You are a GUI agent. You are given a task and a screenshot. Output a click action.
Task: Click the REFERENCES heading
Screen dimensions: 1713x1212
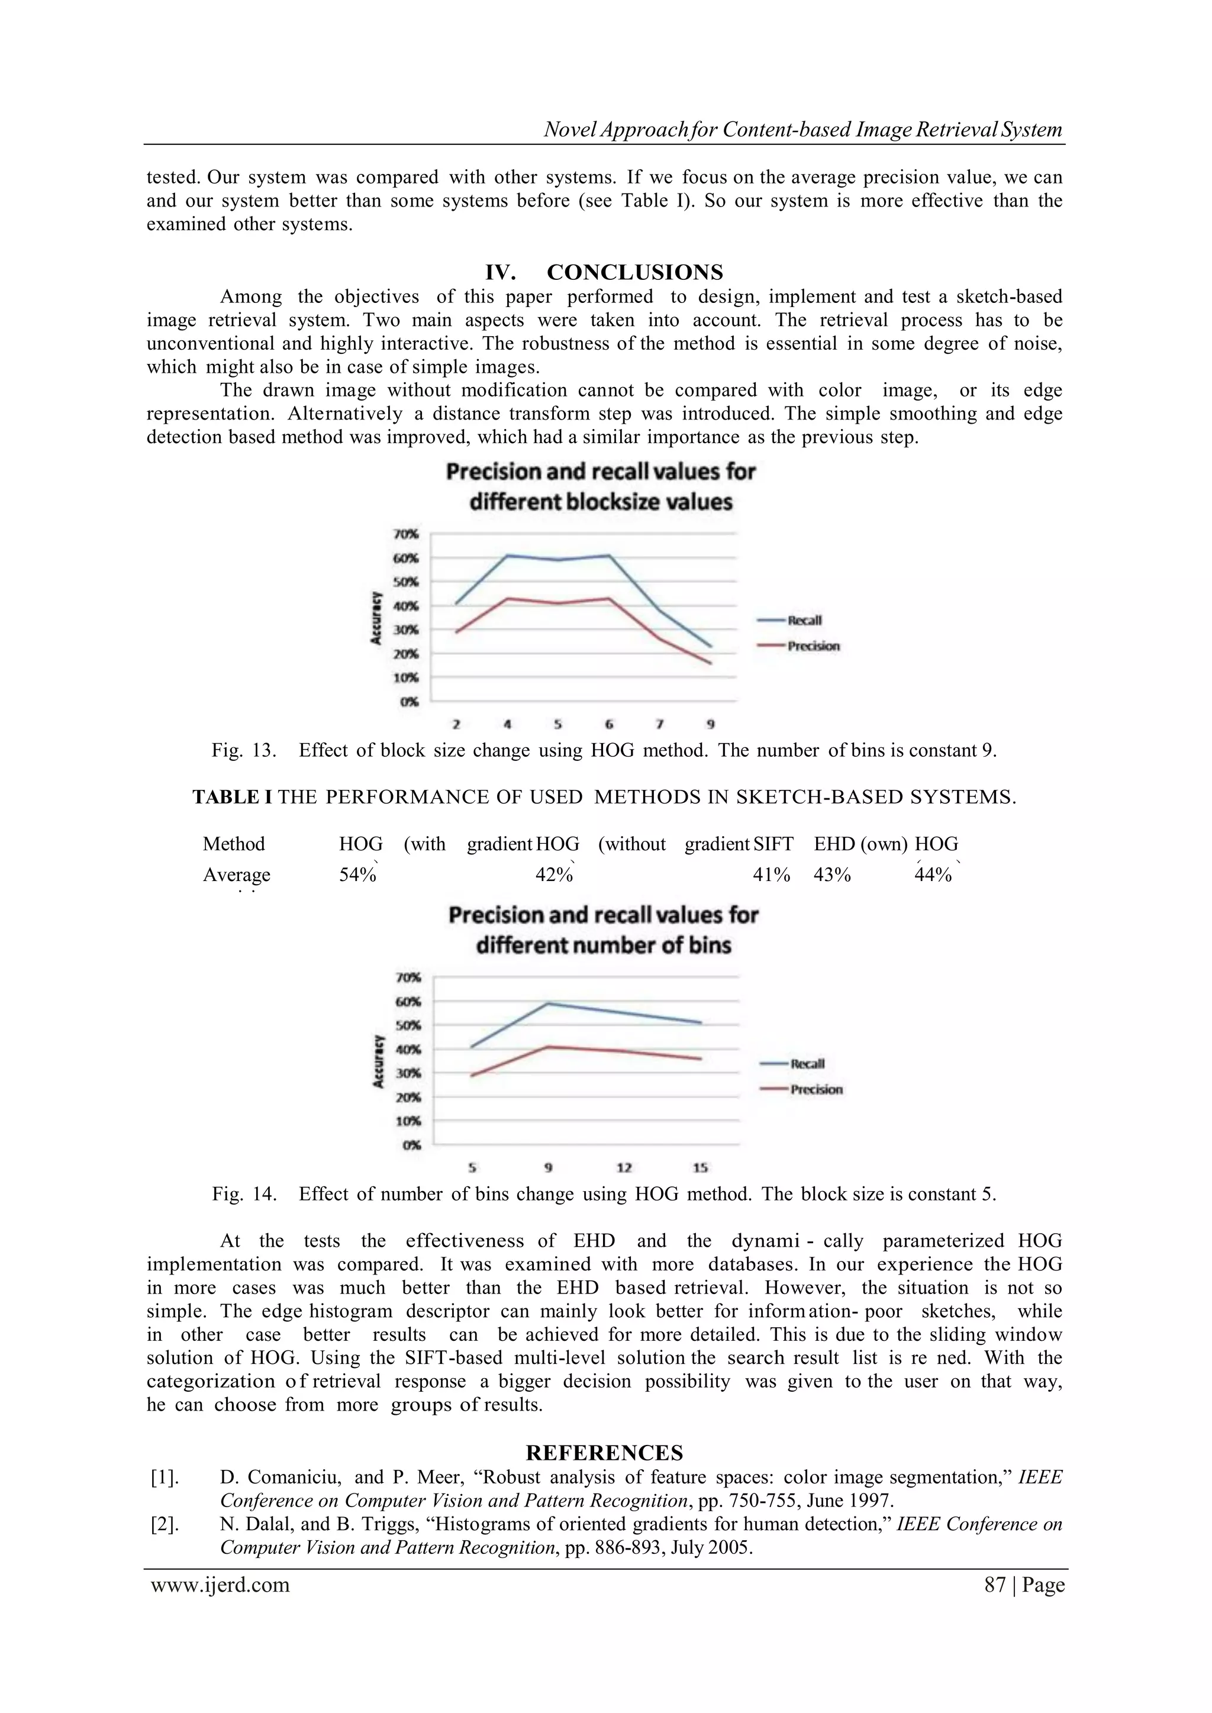pyautogui.click(x=604, y=1453)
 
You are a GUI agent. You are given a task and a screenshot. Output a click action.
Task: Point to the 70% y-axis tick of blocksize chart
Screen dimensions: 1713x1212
pyautogui.click(x=406, y=534)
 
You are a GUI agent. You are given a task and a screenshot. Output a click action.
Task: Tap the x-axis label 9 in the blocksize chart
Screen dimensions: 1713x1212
pyautogui.click(x=711, y=724)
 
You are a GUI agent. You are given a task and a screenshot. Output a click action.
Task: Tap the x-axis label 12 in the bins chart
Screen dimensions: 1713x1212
pyautogui.click(x=625, y=1167)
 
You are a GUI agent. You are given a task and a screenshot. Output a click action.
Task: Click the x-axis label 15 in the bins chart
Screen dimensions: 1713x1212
pyautogui.click(x=700, y=1167)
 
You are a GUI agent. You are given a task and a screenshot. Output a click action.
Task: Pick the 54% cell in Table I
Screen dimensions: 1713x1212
pyautogui.click(x=357, y=875)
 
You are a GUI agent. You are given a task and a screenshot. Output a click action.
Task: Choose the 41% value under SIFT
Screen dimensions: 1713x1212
pyautogui.click(x=771, y=875)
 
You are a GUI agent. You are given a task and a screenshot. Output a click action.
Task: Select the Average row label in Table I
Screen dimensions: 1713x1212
pyautogui.click(x=237, y=875)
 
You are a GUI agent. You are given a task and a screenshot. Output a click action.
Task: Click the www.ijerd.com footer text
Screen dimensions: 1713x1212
pyautogui.click(x=220, y=1585)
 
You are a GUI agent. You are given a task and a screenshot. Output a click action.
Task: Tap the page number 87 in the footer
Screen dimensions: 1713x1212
pyautogui.click(x=995, y=1585)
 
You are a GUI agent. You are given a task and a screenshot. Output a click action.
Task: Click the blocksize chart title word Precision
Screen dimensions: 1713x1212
pyautogui.click(x=492, y=472)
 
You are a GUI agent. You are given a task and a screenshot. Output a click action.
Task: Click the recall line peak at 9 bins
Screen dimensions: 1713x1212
pyautogui.click(x=549, y=1003)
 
